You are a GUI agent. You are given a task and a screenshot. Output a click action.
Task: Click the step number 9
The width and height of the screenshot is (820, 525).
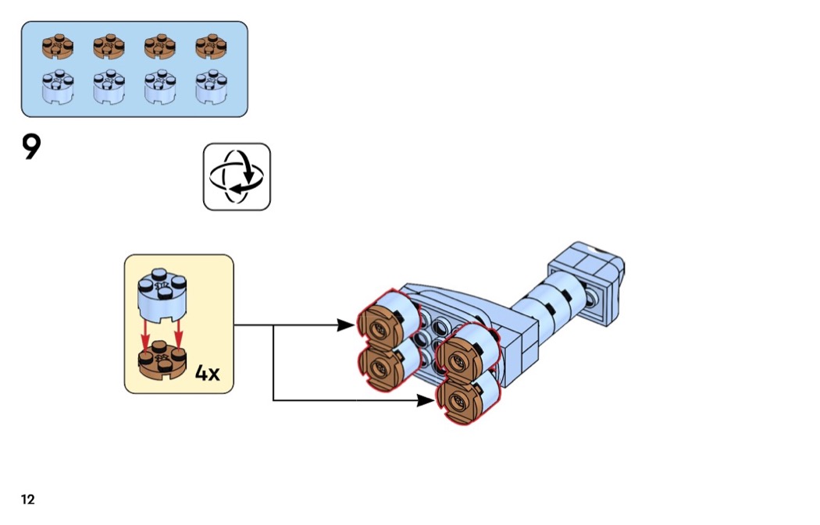[x=30, y=147]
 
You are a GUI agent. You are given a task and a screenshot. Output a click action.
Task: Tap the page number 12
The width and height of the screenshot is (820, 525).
[x=28, y=500]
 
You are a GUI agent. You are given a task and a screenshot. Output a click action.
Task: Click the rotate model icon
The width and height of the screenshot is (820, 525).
[x=237, y=176]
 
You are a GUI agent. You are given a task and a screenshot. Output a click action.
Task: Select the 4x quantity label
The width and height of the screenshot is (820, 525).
[x=207, y=373]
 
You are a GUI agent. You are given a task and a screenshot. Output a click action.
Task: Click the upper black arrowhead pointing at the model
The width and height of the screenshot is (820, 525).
[x=345, y=325]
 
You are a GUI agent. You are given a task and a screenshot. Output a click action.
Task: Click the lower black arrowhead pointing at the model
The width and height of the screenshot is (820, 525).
[x=426, y=400]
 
